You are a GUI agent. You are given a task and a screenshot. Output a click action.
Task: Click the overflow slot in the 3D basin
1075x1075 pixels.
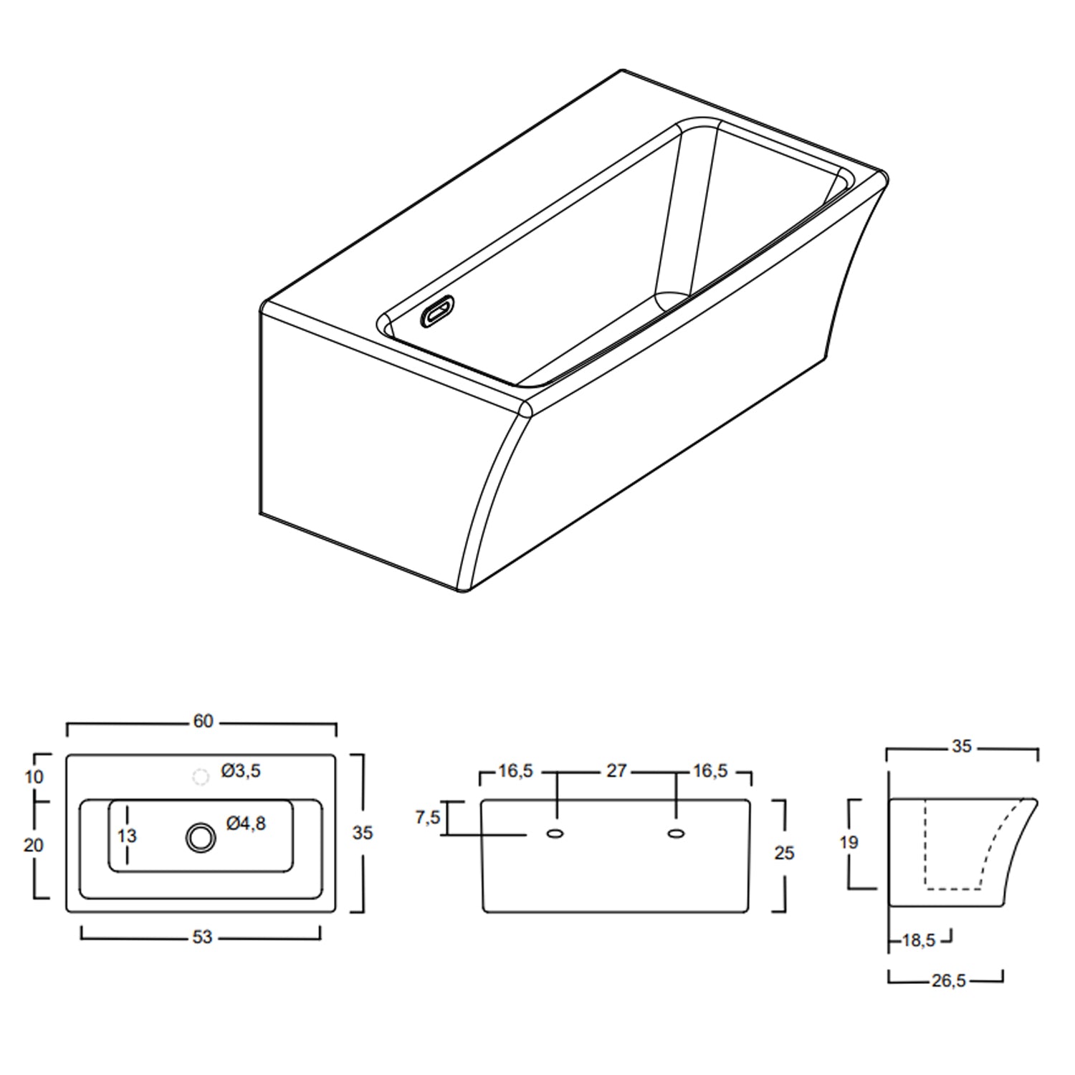tap(438, 313)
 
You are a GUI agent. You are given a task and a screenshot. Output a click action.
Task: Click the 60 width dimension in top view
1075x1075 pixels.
tap(203, 721)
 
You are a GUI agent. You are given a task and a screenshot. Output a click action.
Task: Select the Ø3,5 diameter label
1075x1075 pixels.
tap(241, 771)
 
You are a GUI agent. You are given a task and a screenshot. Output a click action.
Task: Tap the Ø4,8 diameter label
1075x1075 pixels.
tap(246, 824)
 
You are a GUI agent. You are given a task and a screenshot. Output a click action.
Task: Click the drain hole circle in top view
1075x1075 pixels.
tap(200, 837)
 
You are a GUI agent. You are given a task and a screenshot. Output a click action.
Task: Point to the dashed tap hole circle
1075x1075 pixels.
tap(201, 777)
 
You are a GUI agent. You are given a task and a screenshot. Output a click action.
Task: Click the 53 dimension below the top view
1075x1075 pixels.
tap(202, 937)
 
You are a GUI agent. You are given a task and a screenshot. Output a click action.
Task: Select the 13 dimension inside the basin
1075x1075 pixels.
tap(127, 836)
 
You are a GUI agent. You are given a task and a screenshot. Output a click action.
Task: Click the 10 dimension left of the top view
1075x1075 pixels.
tap(34, 777)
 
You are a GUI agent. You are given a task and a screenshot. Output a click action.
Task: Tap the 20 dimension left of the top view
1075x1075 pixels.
tap(34, 846)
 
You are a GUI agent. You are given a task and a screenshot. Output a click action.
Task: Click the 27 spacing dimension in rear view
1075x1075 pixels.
tap(616, 771)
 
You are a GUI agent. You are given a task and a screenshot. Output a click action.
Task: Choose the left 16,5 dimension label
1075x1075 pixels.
tap(516, 771)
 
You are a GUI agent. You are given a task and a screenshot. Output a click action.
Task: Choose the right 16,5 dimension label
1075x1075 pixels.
tap(710, 771)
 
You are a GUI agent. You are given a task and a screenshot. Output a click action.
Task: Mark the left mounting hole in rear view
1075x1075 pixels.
tap(555, 833)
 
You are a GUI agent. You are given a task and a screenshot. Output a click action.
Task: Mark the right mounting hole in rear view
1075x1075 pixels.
tap(675, 833)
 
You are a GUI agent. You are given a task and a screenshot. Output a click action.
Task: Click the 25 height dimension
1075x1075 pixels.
tap(784, 853)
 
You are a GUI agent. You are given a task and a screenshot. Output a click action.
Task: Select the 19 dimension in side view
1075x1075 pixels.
tap(849, 843)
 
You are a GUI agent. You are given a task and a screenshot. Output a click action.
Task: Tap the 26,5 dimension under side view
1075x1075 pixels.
tap(948, 981)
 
